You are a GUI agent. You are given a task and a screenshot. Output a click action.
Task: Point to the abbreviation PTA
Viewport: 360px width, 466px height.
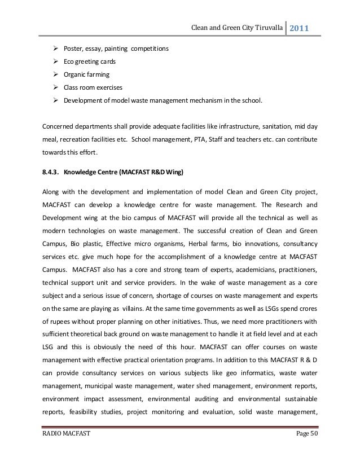click(211, 139)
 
